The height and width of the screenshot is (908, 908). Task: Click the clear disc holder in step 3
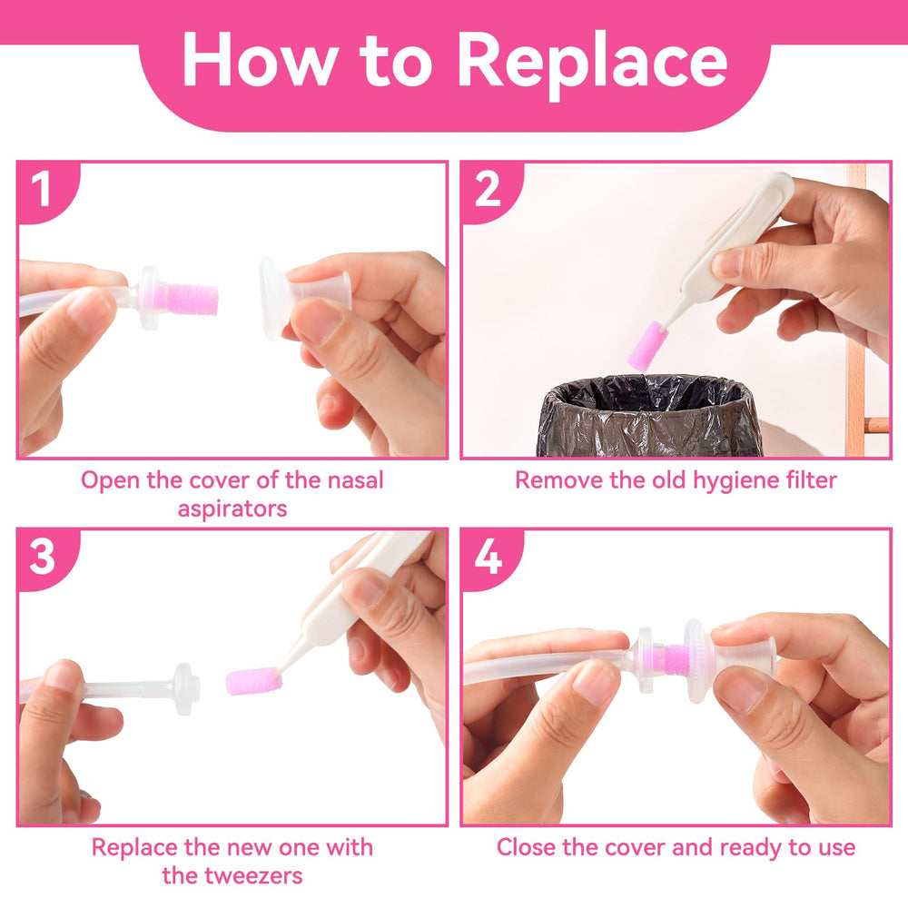(184, 688)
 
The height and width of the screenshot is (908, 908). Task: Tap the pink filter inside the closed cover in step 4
(674, 659)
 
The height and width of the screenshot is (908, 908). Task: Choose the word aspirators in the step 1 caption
(232, 508)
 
